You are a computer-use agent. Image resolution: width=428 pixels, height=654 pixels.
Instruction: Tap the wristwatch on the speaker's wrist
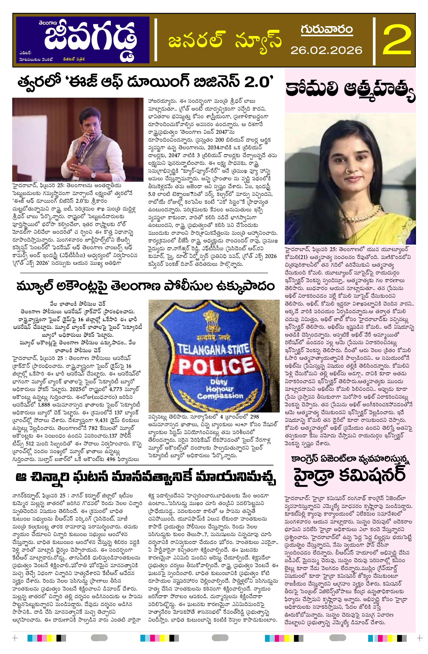coord(93,174)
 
